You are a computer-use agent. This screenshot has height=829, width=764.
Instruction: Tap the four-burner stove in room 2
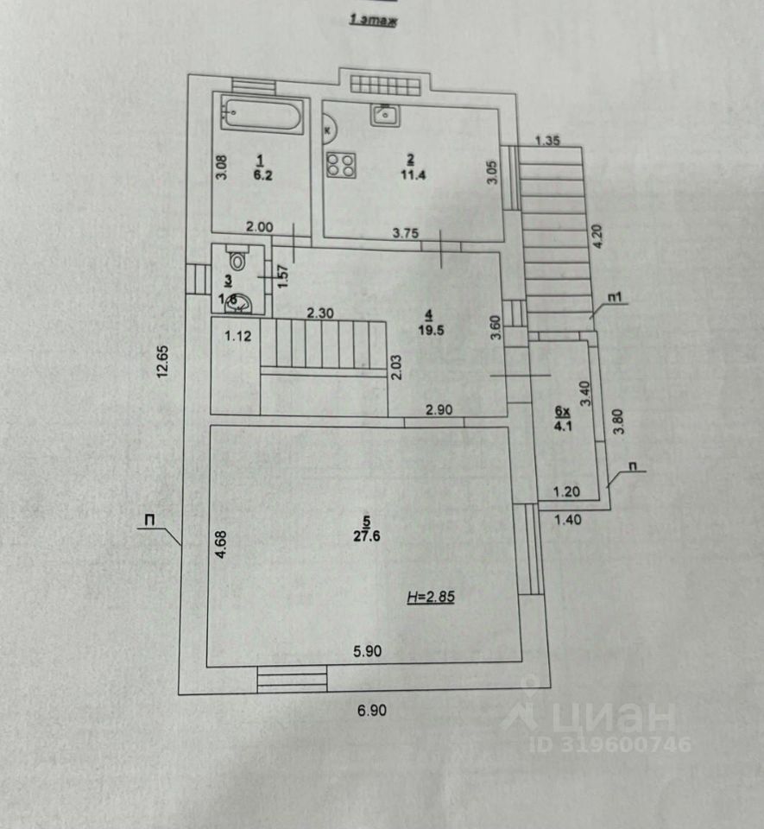click(x=339, y=164)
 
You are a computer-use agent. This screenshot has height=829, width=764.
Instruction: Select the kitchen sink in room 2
click(x=384, y=113)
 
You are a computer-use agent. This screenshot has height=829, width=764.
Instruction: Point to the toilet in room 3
click(x=237, y=256)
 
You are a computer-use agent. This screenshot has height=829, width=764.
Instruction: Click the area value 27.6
click(x=366, y=535)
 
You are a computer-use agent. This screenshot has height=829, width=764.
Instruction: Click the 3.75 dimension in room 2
click(x=406, y=231)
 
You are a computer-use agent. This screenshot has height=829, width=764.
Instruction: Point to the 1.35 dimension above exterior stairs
click(x=549, y=140)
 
